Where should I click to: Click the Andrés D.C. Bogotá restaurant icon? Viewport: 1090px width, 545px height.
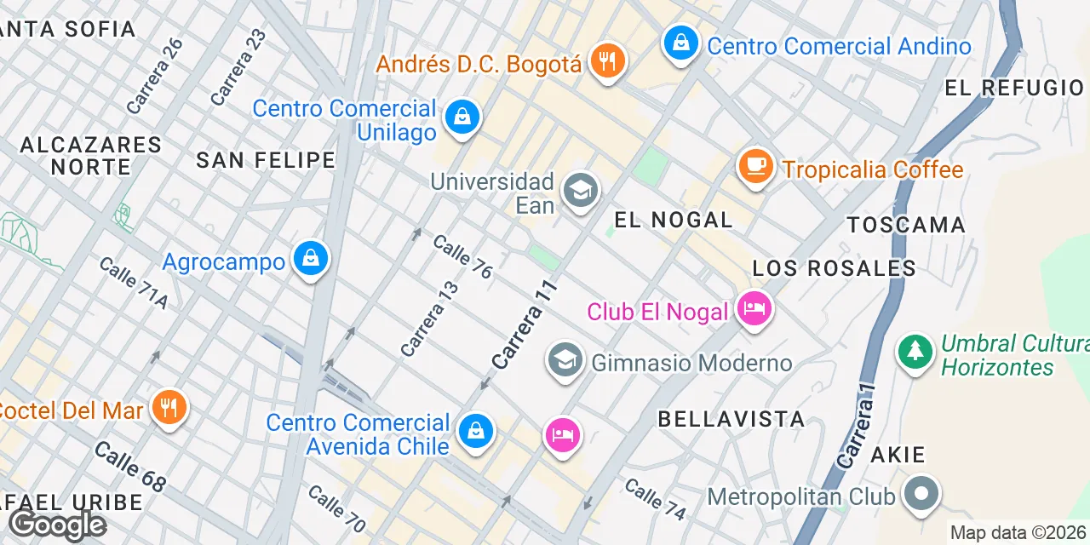[x=606, y=61]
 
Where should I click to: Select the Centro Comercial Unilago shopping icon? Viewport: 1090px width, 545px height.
[x=461, y=118]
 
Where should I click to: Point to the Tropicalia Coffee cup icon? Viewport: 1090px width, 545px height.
[x=755, y=166]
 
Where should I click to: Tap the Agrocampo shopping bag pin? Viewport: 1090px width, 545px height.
[x=310, y=259]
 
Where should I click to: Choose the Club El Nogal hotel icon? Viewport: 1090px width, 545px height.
[x=754, y=308]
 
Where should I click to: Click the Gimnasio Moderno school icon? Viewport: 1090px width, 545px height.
[x=565, y=361]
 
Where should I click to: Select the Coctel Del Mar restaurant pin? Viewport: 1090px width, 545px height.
[x=169, y=407]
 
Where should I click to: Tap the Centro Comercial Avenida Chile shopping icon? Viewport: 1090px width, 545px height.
[x=475, y=431]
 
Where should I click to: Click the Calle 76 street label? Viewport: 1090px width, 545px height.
[x=462, y=256]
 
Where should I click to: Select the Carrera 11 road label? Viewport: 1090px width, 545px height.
[x=525, y=325]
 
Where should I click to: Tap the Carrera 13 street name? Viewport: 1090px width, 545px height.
[x=430, y=318]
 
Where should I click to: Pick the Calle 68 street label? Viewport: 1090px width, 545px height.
[x=129, y=466]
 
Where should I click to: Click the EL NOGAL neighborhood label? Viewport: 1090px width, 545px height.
[x=673, y=220]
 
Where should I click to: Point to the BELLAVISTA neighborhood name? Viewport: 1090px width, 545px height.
[x=731, y=419]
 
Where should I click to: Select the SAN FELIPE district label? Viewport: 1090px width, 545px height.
[x=266, y=160]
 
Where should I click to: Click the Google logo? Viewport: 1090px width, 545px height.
[x=58, y=525]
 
